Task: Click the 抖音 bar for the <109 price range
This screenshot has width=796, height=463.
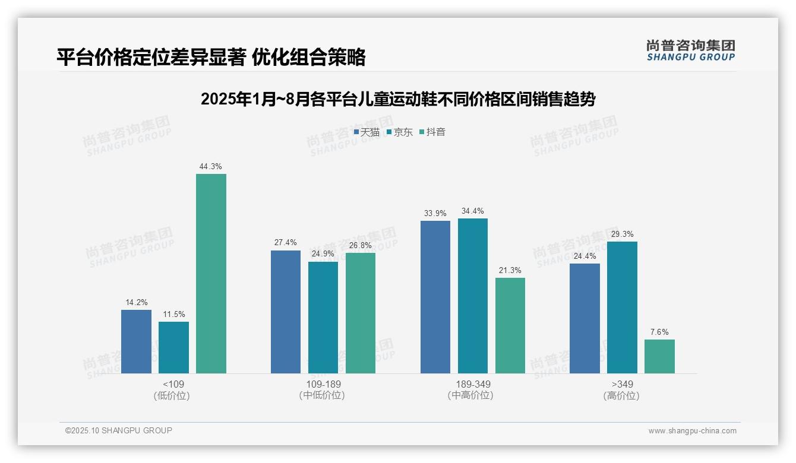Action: (211, 274)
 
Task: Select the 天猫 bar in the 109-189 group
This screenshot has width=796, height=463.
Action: (286, 312)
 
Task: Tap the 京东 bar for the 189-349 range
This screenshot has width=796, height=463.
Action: (473, 296)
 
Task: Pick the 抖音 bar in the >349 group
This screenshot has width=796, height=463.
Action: (659, 356)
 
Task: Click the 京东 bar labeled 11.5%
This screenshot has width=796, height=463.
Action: (173, 347)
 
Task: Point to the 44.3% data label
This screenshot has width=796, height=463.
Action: (211, 167)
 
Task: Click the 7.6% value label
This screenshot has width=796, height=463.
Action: (659, 332)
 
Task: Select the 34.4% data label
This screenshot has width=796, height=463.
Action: (473, 211)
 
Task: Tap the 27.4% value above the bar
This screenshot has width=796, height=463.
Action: (286, 243)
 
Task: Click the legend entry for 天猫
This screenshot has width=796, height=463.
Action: (367, 132)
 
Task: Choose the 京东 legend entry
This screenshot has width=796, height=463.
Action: (400, 132)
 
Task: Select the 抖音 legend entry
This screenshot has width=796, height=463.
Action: (432, 132)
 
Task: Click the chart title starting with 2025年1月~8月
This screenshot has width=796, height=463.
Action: (398, 99)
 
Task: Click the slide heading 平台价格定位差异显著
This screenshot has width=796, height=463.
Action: (211, 57)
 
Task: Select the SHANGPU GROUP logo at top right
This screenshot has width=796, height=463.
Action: (690, 50)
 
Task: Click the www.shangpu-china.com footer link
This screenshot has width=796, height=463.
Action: (692, 431)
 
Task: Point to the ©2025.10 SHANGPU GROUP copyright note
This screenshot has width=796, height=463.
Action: (119, 430)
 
